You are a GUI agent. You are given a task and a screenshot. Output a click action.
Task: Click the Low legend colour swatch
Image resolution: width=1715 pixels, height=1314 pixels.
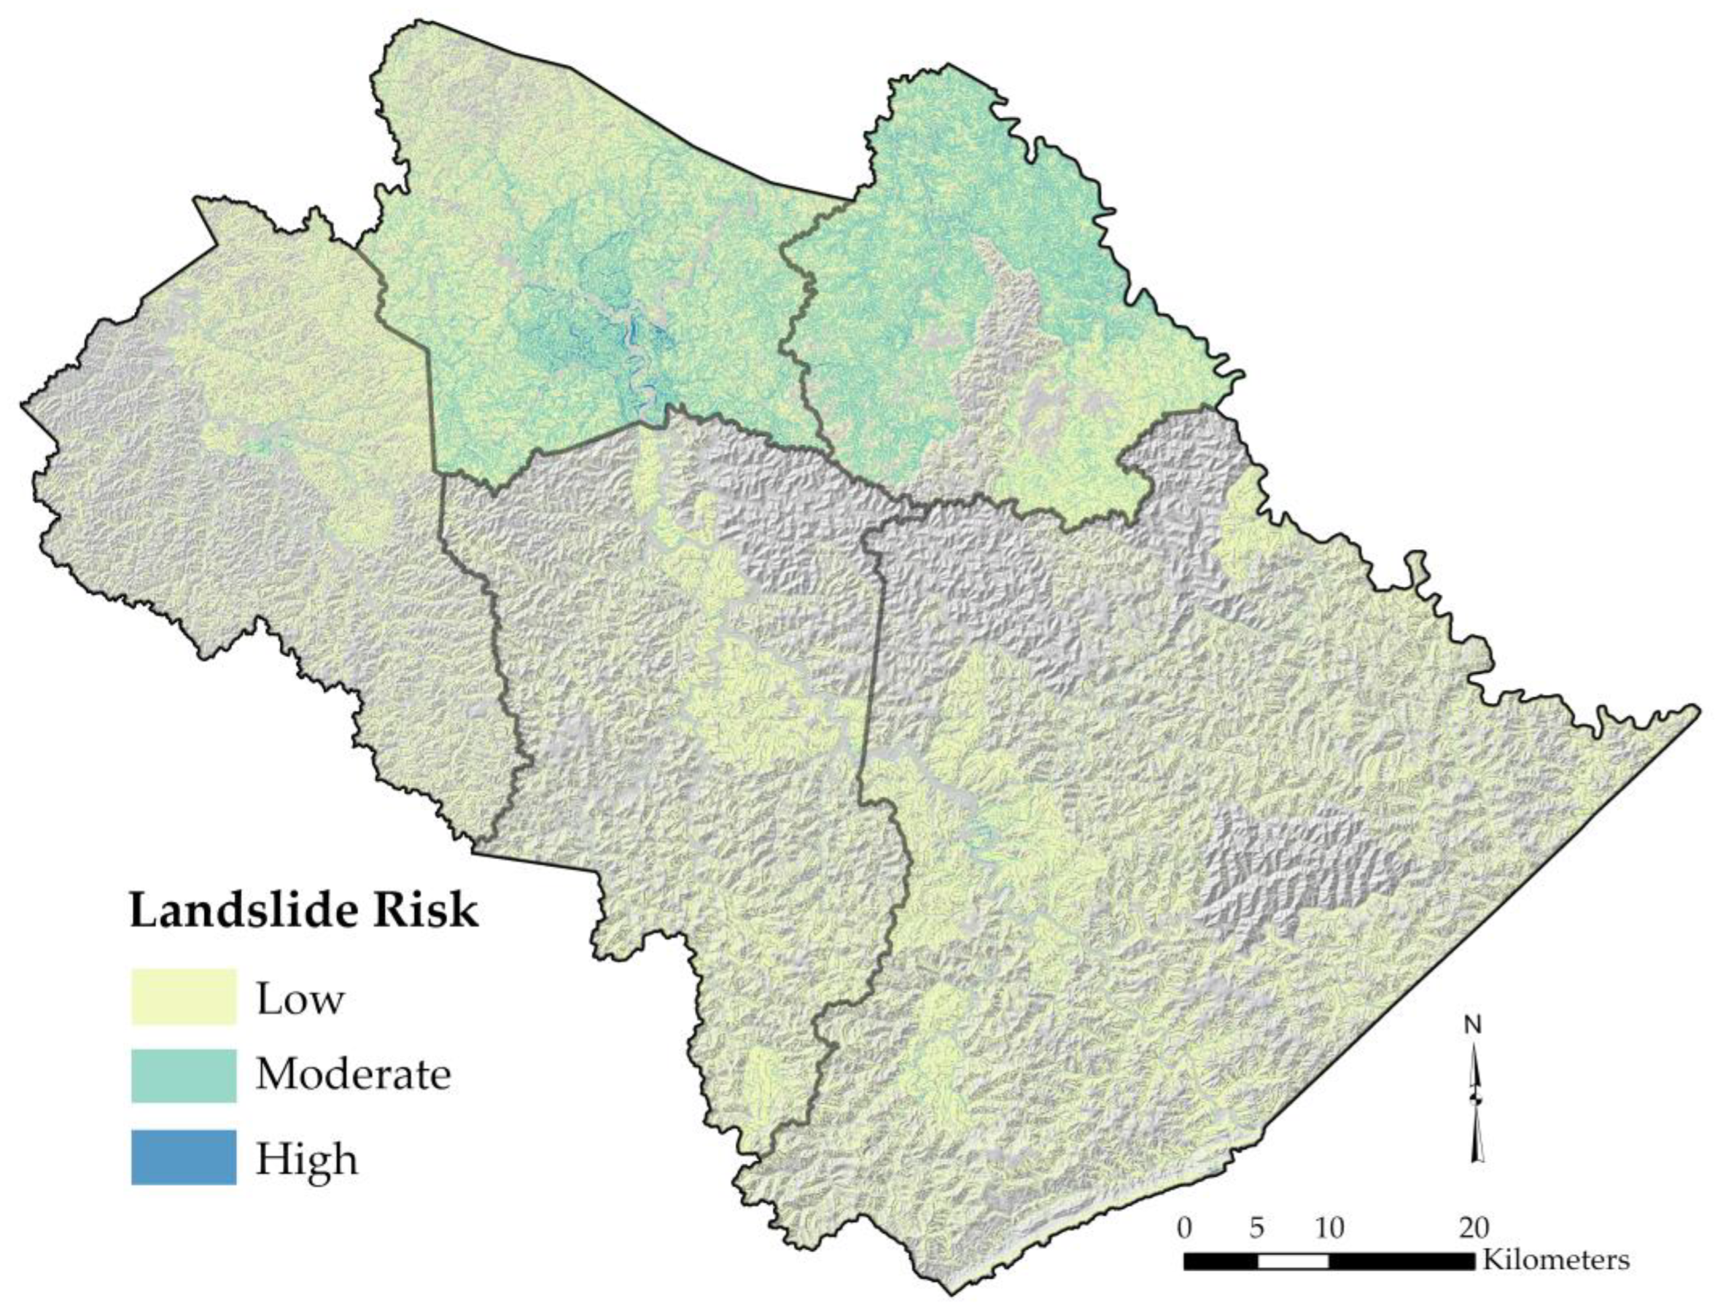(x=183, y=996)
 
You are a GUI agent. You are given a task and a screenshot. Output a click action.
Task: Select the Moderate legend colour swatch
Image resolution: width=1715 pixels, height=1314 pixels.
(x=183, y=1076)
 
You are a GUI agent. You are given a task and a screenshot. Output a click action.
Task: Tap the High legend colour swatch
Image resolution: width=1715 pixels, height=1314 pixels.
(x=183, y=1156)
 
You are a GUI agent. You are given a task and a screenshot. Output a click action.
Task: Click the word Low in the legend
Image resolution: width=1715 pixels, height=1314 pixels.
(x=300, y=999)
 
